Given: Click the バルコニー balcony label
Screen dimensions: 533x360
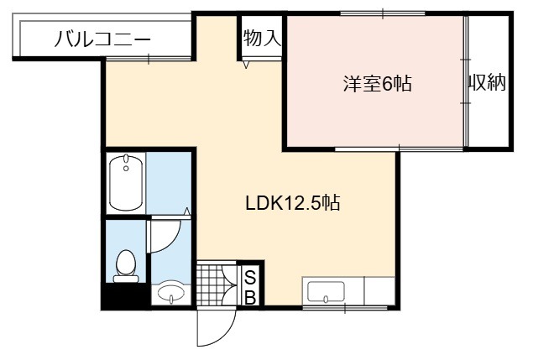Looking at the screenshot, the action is [x=102, y=39].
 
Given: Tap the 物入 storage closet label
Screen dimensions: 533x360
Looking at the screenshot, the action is [x=262, y=38].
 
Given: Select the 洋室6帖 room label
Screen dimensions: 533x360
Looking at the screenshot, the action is [x=378, y=83].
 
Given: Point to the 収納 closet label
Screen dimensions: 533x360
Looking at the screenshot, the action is [x=488, y=82].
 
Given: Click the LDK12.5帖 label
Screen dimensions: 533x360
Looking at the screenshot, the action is [x=293, y=203].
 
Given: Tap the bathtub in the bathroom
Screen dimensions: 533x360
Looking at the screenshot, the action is [x=126, y=183].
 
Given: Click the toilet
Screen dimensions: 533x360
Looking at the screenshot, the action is [x=126, y=267].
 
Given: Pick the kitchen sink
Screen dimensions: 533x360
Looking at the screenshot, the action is [x=326, y=292].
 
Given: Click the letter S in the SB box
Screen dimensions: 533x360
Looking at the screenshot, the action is [x=250, y=278].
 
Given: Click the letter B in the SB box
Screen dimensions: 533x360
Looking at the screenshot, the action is [x=250, y=298].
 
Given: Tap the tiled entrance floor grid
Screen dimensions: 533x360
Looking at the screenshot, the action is [x=212, y=284].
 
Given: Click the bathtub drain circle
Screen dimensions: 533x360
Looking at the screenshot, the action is [x=126, y=169].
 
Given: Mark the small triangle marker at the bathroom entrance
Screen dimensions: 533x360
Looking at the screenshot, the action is [x=186, y=211].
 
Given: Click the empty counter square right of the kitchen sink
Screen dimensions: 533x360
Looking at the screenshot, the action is [x=379, y=291].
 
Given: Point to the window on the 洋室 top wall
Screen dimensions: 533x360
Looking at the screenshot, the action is [x=383, y=13].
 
